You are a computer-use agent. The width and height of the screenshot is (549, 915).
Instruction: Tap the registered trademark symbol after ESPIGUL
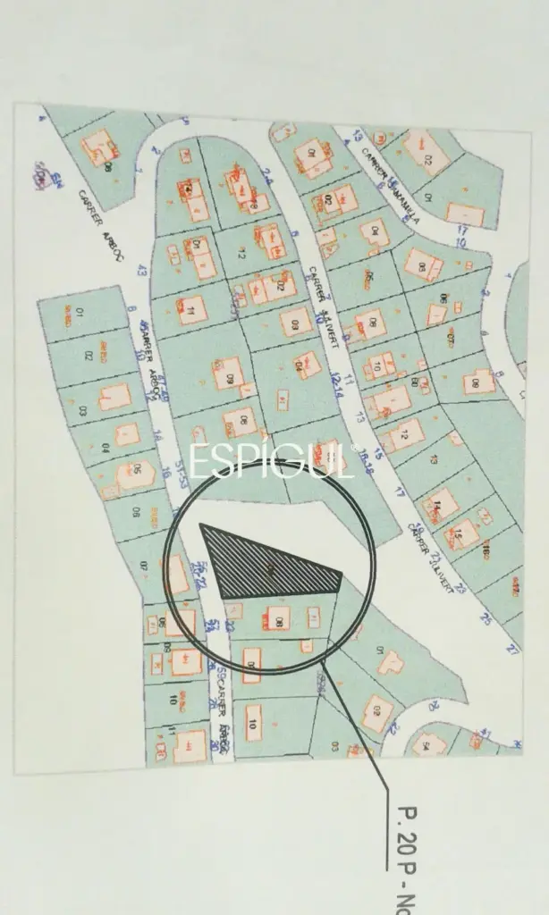pyautogui.click(x=354, y=447)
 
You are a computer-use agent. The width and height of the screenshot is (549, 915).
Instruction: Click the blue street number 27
pyautogui.click(x=513, y=650)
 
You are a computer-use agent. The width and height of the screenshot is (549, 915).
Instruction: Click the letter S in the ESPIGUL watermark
pyautogui.click(x=223, y=460)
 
